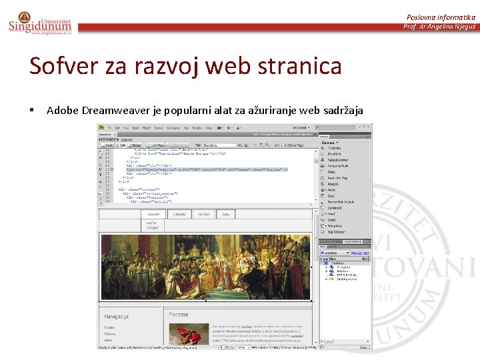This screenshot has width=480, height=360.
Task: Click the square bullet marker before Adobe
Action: click(x=32, y=110)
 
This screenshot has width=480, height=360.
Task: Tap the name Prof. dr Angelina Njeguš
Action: click(x=439, y=27)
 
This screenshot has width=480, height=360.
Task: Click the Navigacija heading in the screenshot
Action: click(x=117, y=316)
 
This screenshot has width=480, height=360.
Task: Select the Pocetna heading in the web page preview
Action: click(x=179, y=314)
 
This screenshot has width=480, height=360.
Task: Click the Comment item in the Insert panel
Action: click(x=335, y=207)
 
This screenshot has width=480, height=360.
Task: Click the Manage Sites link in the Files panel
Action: click(x=361, y=253)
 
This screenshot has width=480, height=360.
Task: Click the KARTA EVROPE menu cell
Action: click(x=153, y=224)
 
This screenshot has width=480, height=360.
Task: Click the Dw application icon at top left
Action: click(x=101, y=127)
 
